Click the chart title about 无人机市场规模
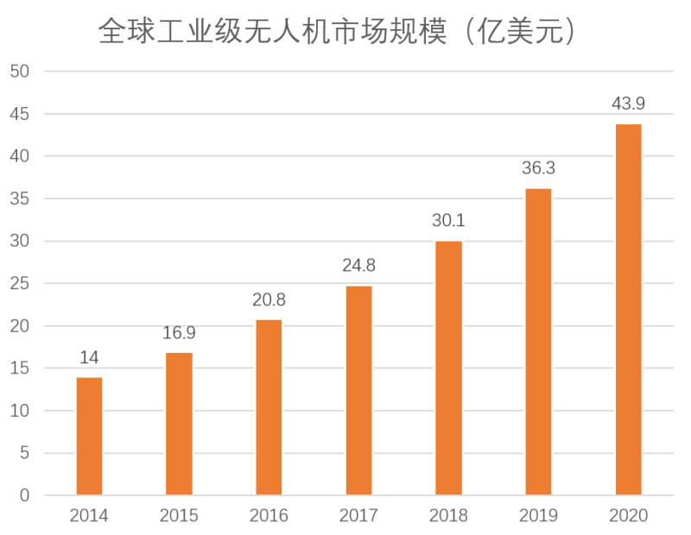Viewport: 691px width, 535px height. point(337,32)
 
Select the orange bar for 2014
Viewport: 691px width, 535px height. point(89,436)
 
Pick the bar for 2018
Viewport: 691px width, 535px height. point(448,368)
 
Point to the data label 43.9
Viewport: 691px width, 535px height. point(628,104)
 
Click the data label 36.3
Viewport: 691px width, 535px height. point(538,168)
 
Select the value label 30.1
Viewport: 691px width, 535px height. point(448,221)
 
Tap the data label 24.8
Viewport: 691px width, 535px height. point(358,266)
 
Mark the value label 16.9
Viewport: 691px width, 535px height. point(179,333)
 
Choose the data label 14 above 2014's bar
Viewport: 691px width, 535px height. point(89,357)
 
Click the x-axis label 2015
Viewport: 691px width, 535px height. point(179,516)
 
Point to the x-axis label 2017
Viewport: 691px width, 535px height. point(358,516)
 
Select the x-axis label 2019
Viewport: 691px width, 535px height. point(538,516)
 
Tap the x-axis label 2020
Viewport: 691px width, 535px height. point(628,516)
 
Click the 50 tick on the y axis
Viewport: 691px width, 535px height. point(20,72)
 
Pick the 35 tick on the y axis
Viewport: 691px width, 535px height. point(20,198)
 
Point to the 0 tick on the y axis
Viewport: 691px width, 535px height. point(24,495)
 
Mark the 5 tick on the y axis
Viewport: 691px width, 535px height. point(24,453)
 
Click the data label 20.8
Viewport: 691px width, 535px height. point(269,300)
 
